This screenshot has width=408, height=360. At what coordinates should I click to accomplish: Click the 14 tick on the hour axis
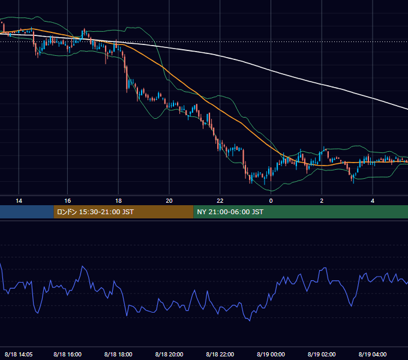pyautogui.click(x=19, y=201)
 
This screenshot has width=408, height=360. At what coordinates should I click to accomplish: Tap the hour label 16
pyautogui.click(x=67, y=201)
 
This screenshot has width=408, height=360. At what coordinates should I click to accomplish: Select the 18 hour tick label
pyautogui.click(x=118, y=201)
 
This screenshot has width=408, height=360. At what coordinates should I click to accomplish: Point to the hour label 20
pyautogui.click(x=169, y=201)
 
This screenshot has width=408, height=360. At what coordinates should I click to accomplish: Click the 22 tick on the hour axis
pyautogui.click(x=220, y=201)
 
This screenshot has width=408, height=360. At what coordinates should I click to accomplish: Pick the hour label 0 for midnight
pyautogui.click(x=271, y=201)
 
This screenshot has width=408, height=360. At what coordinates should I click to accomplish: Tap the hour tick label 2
pyautogui.click(x=322, y=201)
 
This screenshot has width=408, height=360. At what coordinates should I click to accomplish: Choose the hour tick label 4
pyautogui.click(x=373, y=201)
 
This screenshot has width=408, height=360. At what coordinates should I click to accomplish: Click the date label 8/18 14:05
pyautogui.click(x=19, y=354)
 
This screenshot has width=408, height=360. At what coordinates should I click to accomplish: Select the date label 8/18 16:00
pyautogui.click(x=67, y=354)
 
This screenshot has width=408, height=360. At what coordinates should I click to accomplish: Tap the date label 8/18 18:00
pyautogui.click(x=118, y=354)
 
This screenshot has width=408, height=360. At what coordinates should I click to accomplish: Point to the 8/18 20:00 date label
pyautogui.click(x=169, y=354)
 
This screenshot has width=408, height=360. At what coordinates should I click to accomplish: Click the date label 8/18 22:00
pyautogui.click(x=220, y=354)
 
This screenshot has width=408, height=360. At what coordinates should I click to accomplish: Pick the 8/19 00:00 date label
pyautogui.click(x=271, y=354)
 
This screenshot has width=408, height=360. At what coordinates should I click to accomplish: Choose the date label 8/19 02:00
pyautogui.click(x=322, y=354)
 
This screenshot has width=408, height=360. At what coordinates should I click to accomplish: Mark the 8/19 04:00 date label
pyautogui.click(x=373, y=354)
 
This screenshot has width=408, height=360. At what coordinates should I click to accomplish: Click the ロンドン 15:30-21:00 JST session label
pyautogui.click(x=95, y=212)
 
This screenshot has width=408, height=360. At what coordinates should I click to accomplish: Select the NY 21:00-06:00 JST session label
pyautogui.click(x=230, y=212)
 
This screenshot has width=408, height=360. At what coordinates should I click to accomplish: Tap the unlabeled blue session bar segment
pyautogui.click(x=27, y=212)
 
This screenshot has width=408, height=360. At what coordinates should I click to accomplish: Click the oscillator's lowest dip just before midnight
pyautogui.click(x=250, y=321)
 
